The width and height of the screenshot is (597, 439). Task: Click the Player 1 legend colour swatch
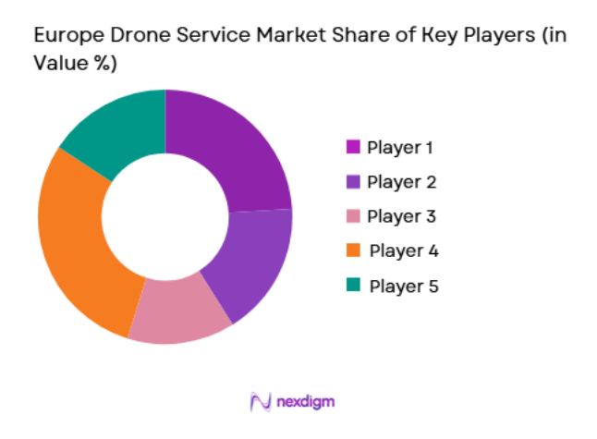pos(352,147)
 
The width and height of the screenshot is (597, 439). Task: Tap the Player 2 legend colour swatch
pos(352,182)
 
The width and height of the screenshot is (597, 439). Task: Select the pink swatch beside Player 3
pos(352,216)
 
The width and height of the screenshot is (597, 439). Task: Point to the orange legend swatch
pos(352,251)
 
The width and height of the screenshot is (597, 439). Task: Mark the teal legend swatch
pos(352,286)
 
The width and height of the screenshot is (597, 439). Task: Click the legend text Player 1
pos(399,147)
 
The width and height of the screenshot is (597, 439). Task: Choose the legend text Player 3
pos(399,216)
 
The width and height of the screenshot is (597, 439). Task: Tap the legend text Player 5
pos(402,286)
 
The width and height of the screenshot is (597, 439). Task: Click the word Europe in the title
pos(64,35)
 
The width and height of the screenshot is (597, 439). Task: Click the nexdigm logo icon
pos(260,402)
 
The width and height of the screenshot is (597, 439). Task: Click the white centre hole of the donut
pos(164,216)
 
